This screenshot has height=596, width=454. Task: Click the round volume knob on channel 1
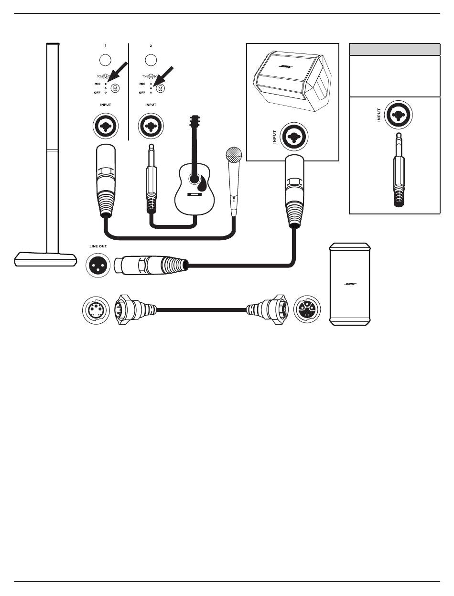click(106, 60)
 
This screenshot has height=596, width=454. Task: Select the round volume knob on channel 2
click(151, 60)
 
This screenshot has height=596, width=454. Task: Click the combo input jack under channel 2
click(151, 126)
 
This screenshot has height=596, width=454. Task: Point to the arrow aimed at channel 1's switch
click(118, 72)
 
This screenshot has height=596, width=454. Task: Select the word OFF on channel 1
click(97, 92)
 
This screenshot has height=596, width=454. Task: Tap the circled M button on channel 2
click(161, 88)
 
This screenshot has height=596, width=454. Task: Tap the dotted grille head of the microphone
click(234, 156)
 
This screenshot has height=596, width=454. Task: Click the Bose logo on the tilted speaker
click(286, 67)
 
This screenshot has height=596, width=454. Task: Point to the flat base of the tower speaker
click(46, 260)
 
